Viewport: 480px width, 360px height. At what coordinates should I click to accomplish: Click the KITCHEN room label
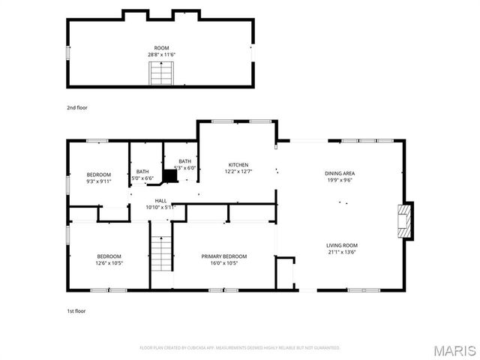pyautogui.click(x=238, y=165)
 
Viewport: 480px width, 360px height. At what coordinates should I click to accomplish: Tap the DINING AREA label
pyautogui.click(x=340, y=173)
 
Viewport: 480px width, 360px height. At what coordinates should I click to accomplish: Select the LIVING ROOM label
pyautogui.click(x=341, y=245)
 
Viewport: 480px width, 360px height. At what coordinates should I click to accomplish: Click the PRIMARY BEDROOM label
pyautogui.click(x=223, y=256)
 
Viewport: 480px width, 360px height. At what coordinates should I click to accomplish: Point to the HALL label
pyautogui.click(x=160, y=201)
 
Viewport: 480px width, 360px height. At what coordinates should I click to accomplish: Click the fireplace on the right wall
pyautogui.click(x=405, y=220)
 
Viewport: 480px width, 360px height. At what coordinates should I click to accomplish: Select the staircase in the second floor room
pyautogui.click(x=162, y=74)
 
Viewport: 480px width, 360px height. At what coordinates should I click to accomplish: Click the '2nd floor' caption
pyautogui.click(x=77, y=108)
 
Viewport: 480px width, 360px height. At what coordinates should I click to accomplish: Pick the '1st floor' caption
pyautogui.click(x=76, y=310)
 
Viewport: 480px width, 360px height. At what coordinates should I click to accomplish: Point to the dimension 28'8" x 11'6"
pyautogui.click(x=162, y=54)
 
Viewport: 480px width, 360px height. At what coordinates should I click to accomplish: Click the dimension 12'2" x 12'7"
pyautogui.click(x=238, y=172)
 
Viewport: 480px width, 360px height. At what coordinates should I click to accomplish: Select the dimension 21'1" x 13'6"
pyautogui.click(x=341, y=253)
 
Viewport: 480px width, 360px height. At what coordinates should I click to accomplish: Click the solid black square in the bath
pyautogui.click(x=170, y=176)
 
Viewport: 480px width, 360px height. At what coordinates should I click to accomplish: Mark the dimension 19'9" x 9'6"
pyautogui.click(x=340, y=180)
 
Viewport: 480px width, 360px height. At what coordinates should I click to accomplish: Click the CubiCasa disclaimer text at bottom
pyautogui.click(x=240, y=348)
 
